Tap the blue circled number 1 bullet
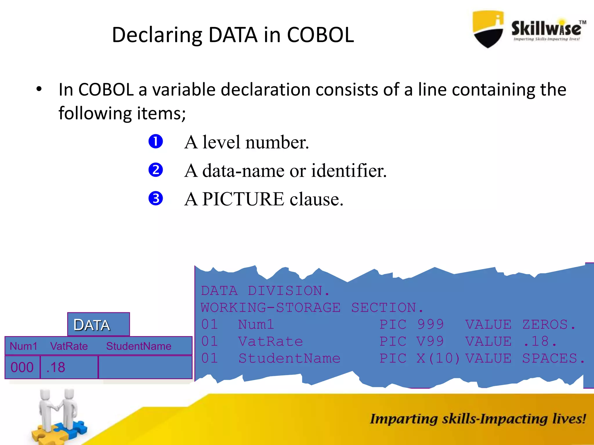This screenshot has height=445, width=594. [156, 142]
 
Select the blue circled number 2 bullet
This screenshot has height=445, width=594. [156, 170]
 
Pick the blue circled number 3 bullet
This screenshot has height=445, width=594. [156, 198]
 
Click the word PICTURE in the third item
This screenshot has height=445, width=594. [243, 199]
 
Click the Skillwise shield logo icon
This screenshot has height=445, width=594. [488, 29]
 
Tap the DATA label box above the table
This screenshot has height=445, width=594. [98, 324]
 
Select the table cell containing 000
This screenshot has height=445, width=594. [22, 367]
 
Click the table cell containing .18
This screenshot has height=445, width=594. [69, 367]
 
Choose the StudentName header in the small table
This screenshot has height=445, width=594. [139, 346]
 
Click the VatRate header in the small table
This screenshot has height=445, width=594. [69, 346]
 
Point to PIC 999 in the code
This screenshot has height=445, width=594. [412, 324]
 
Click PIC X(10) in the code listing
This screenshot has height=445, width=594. [420, 358]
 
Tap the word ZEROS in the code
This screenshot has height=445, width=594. [545, 324]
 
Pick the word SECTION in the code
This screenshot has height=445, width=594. [384, 308]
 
